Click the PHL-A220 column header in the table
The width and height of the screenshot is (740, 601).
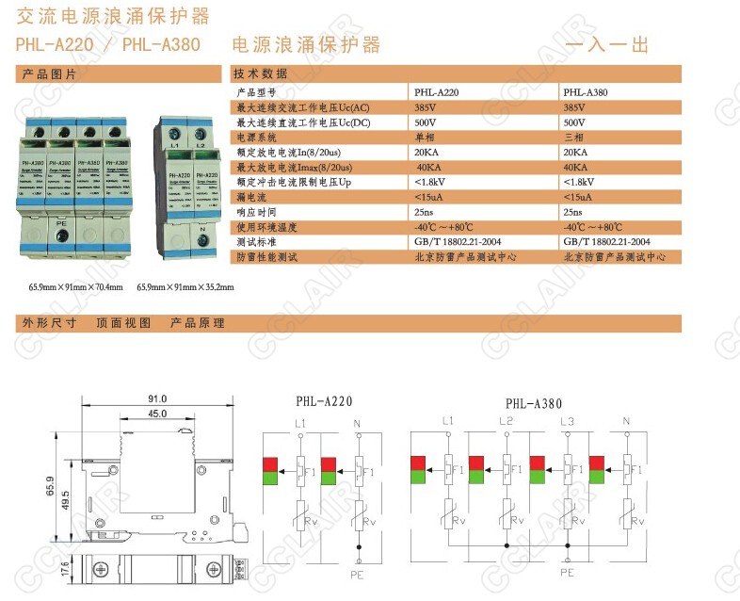click(437, 93)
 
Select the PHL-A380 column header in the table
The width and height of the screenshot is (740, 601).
click(585, 93)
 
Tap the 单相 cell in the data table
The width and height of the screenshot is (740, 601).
click(426, 138)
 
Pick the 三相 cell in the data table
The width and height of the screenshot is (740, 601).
click(574, 138)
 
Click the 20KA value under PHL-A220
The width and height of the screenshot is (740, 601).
click(426, 153)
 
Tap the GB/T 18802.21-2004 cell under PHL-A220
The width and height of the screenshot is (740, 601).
click(459, 242)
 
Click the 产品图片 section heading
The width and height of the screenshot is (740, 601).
click(49, 73)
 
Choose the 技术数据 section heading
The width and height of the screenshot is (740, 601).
click(261, 73)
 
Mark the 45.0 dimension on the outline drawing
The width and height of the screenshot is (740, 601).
click(156, 414)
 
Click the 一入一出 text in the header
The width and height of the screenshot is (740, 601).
click(607, 44)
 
